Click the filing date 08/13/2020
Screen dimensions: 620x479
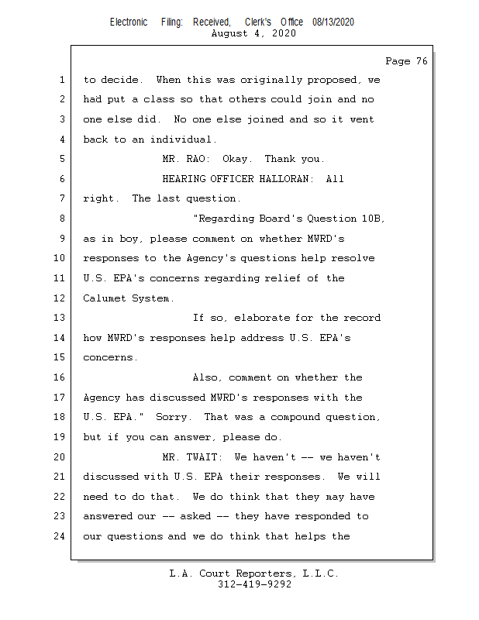click(x=333, y=22)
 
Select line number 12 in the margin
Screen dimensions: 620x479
click(x=62, y=298)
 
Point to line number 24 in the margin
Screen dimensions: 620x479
click(x=62, y=536)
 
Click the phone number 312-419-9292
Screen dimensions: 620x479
click(x=255, y=585)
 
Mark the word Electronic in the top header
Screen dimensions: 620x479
click(x=129, y=22)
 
